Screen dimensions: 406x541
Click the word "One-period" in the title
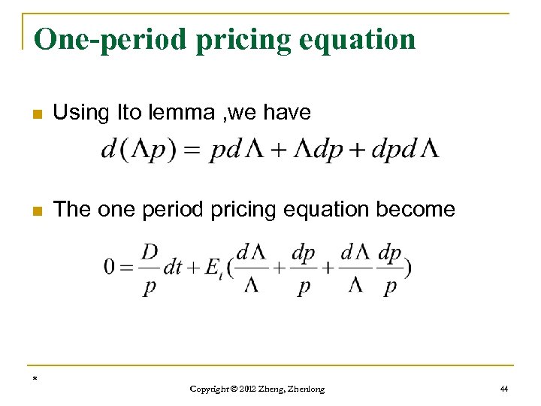[96, 39]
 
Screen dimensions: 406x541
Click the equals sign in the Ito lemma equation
[194, 150]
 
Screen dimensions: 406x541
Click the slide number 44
[503, 389]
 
